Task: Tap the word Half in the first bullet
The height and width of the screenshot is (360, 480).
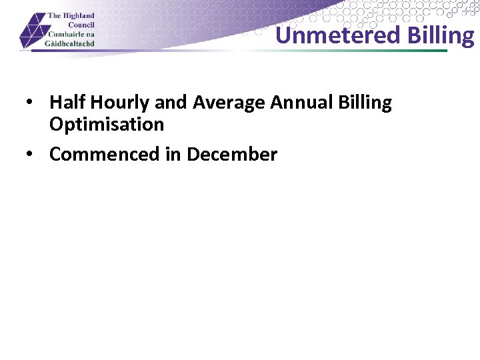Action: tap(67, 103)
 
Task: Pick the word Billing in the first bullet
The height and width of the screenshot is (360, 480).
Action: tap(365, 103)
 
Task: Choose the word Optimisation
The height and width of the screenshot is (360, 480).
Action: tap(107, 125)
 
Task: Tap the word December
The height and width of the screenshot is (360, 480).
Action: tap(232, 154)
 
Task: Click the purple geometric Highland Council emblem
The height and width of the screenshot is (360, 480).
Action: tap(33, 31)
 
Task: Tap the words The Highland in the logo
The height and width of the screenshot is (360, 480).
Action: tap(71, 16)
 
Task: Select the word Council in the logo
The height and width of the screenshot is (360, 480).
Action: tap(80, 25)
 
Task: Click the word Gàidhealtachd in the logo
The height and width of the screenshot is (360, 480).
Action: tap(71, 43)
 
